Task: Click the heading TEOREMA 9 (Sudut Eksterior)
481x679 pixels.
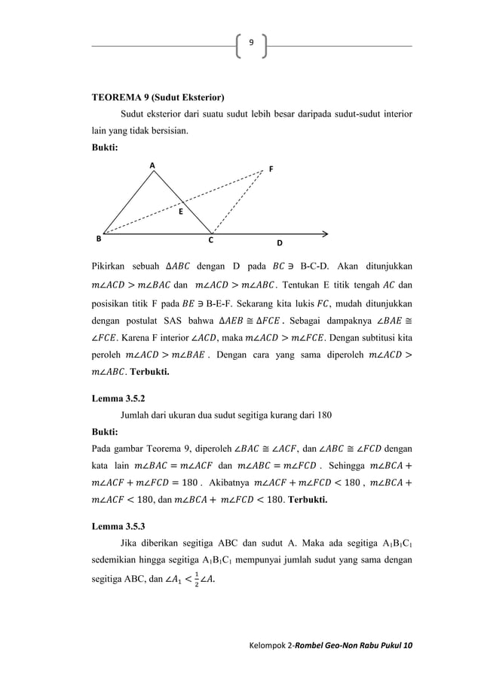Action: coord(158,98)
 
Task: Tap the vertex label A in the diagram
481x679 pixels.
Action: coord(151,164)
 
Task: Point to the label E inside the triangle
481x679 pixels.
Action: coord(180,213)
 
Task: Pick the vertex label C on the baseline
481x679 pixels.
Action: coord(211,242)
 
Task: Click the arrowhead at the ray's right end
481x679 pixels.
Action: coord(325,233)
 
